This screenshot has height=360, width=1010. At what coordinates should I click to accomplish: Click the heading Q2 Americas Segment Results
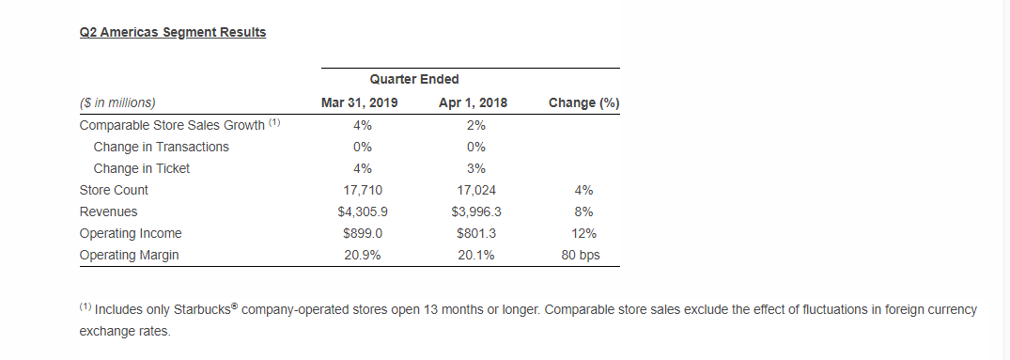click(173, 32)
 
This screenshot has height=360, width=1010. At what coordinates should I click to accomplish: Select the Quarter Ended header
click(414, 80)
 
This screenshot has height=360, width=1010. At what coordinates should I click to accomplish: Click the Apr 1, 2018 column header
click(473, 102)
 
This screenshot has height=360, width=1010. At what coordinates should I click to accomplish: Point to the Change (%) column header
click(583, 102)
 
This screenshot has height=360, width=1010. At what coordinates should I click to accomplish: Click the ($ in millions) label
click(117, 102)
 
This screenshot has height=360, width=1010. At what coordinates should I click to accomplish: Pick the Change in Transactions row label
click(161, 147)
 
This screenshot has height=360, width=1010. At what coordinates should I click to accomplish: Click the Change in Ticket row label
click(141, 168)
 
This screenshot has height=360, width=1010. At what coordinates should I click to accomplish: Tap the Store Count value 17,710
click(362, 190)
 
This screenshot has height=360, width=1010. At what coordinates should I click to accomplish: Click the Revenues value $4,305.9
click(362, 211)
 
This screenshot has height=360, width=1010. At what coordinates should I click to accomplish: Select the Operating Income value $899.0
click(362, 233)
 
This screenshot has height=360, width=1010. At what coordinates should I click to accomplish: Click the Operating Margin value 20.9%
click(362, 255)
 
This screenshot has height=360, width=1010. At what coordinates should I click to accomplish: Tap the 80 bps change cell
click(582, 255)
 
